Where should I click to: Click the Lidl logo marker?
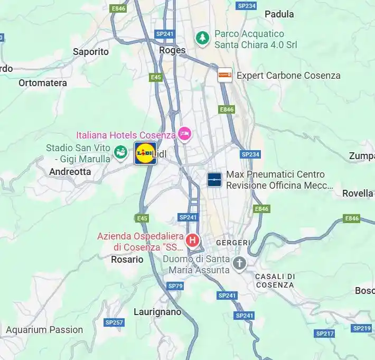pos(145,153)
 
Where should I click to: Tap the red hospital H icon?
pos(193,241)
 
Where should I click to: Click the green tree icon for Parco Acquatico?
pos(202,38)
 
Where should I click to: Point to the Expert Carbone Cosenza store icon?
pos(225,75)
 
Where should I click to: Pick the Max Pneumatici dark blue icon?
pos(214,180)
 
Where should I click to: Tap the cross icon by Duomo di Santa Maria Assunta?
pos(240,263)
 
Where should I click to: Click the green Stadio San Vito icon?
pos(121,152)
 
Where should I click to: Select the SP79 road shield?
pos(175,286)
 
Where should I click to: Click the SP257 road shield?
pos(114,322)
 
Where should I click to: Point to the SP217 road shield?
pos(325,334)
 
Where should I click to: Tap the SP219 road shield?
pos(362,328)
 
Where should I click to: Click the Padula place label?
pos(279,14)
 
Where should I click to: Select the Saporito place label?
pos(91,52)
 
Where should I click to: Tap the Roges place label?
pos(172,51)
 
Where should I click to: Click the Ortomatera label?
pos(43,83)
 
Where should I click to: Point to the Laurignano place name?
pos(157,312)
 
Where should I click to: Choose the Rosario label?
pos(127,260)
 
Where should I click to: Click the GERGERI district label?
pos(233,242)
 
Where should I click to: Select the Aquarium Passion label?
pos(44,330)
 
